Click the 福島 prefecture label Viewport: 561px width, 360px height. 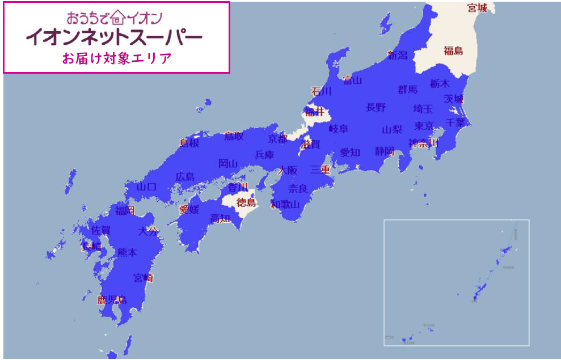(x=453, y=51)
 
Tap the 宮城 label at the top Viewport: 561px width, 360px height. (x=477, y=8)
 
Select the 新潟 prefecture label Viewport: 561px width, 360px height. (x=398, y=56)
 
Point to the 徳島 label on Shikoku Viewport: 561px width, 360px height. (x=246, y=202)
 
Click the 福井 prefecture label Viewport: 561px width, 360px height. (x=314, y=111)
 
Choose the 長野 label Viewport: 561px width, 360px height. (x=376, y=107)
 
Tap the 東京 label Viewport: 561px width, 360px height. (x=424, y=126)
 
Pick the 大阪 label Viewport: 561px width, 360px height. (x=288, y=171)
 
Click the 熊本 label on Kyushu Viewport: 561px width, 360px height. (x=127, y=253)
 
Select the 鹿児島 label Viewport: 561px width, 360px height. (x=112, y=300)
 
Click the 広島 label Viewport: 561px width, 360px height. (x=184, y=177)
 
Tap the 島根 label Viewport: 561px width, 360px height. (x=189, y=143)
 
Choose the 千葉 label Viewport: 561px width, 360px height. (x=456, y=122)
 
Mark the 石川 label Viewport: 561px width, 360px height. (x=321, y=91)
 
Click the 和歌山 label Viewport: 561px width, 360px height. (x=285, y=204)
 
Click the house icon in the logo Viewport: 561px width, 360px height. (x=117, y=16)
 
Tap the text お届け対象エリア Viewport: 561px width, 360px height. (x=117, y=59)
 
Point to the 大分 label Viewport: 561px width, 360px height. (x=149, y=231)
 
